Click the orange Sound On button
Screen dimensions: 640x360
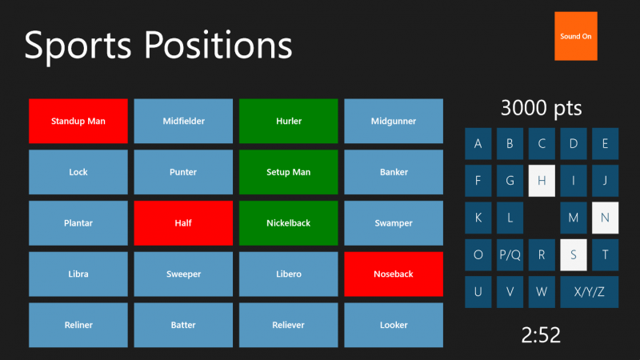click(575, 36)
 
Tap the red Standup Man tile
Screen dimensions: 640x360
click(78, 121)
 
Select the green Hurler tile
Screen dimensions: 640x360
click(289, 121)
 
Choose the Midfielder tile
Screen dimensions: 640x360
click(183, 121)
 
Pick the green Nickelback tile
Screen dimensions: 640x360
click(289, 223)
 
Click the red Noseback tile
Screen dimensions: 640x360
click(394, 274)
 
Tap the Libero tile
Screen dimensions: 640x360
click(289, 274)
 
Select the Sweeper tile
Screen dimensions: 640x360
click(183, 274)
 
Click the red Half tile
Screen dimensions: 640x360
click(183, 223)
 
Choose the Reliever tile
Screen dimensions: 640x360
click(289, 325)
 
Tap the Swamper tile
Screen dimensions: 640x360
click(394, 223)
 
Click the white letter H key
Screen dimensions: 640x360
click(542, 181)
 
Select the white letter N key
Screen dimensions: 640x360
click(605, 218)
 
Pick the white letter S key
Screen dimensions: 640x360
click(574, 255)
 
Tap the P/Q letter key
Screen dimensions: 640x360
click(510, 255)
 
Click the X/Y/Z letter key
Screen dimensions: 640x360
click(589, 292)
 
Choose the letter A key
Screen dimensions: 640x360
click(478, 144)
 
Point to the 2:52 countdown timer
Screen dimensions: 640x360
click(541, 334)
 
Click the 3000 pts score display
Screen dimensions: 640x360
click(542, 108)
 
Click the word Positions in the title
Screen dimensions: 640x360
click(218, 45)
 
